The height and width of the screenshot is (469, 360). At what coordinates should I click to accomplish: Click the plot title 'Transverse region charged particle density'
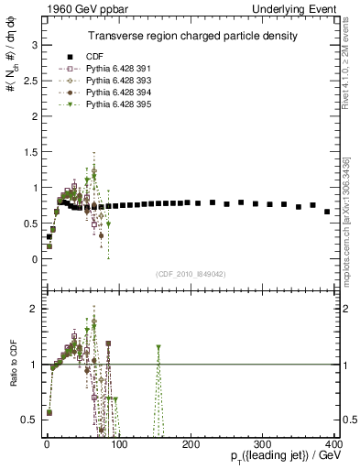(191, 36)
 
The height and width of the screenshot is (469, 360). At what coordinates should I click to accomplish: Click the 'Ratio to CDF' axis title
(12, 365)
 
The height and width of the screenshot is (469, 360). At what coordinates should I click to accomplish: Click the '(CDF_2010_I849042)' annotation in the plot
(191, 274)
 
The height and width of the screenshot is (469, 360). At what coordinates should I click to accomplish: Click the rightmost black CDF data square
(327, 212)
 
